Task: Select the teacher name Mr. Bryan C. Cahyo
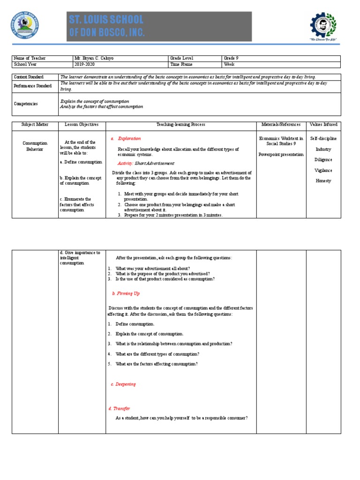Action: click(x=94, y=58)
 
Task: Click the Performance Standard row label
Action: click(x=32, y=86)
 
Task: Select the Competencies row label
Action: click(x=26, y=104)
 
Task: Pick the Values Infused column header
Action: click(x=323, y=125)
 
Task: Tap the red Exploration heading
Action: click(x=129, y=139)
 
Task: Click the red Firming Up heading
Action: click(x=126, y=293)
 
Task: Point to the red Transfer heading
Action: click(x=121, y=408)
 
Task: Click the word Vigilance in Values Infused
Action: click(x=323, y=170)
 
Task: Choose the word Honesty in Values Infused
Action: click(x=323, y=180)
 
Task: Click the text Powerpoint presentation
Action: click(x=281, y=154)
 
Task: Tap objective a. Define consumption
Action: click(x=81, y=162)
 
